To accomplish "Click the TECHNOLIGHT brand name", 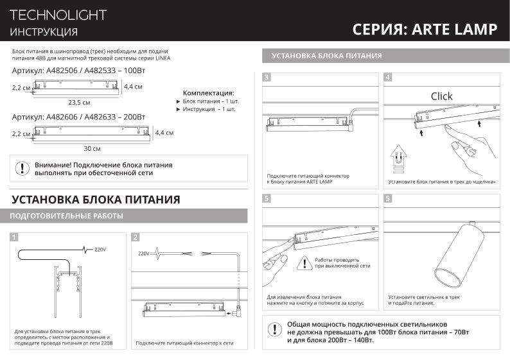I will pyautogui.click(x=58, y=15).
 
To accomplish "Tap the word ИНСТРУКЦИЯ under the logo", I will pyautogui.click(x=44, y=32).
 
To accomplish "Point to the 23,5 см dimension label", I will pyautogui.click(x=79, y=102).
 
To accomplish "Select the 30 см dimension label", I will pyautogui.click(x=92, y=148).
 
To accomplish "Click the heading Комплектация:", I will pyautogui.click(x=208, y=93).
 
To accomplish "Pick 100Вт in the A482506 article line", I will pyautogui.click(x=131, y=71).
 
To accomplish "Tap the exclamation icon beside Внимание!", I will pyautogui.click(x=22, y=169).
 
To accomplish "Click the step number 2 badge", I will pyautogui.click(x=136, y=237).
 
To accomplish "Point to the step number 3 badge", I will pyautogui.click(x=267, y=78).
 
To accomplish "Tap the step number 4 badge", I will pyautogui.click(x=388, y=78).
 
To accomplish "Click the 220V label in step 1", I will pyautogui.click(x=100, y=249).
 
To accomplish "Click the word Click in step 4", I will pyautogui.click(x=441, y=96).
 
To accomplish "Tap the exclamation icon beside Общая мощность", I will pyautogui.click(x=275, y=330).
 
